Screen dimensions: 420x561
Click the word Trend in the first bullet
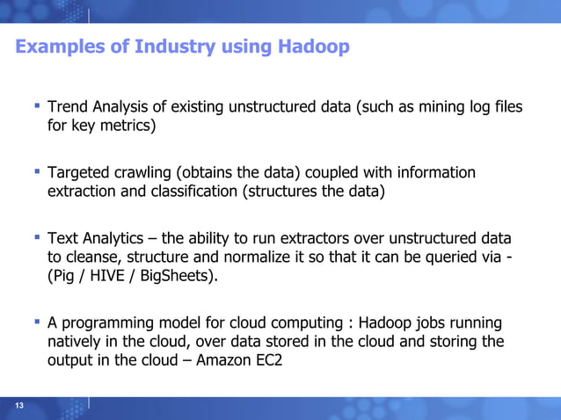[x=68, y=107]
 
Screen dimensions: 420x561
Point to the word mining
[x=429, y=107]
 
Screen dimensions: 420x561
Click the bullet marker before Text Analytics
[x=37, y=237]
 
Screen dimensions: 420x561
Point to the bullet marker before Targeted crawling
[x=37, y=171]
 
